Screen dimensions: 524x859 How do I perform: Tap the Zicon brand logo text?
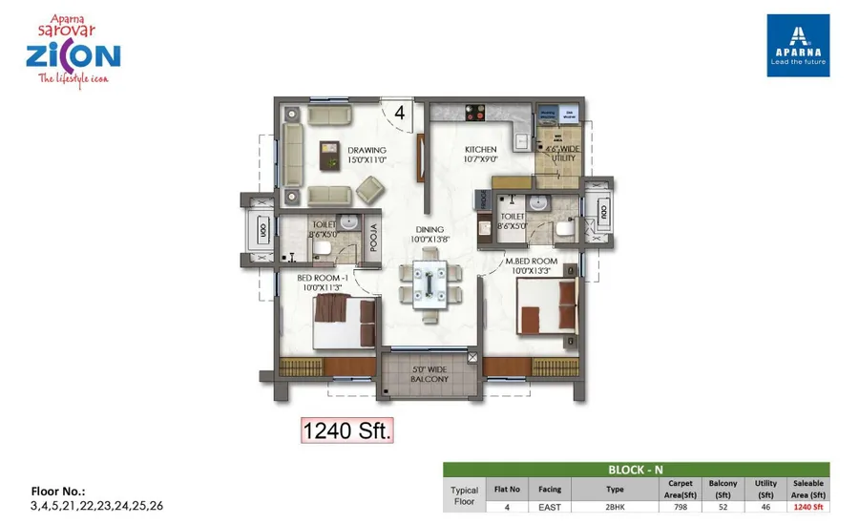(73, 55)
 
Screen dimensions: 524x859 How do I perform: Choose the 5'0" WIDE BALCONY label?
(429, 373)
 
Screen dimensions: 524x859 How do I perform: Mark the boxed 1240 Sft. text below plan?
(347, 430)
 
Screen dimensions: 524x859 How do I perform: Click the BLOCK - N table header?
(637, 470)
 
